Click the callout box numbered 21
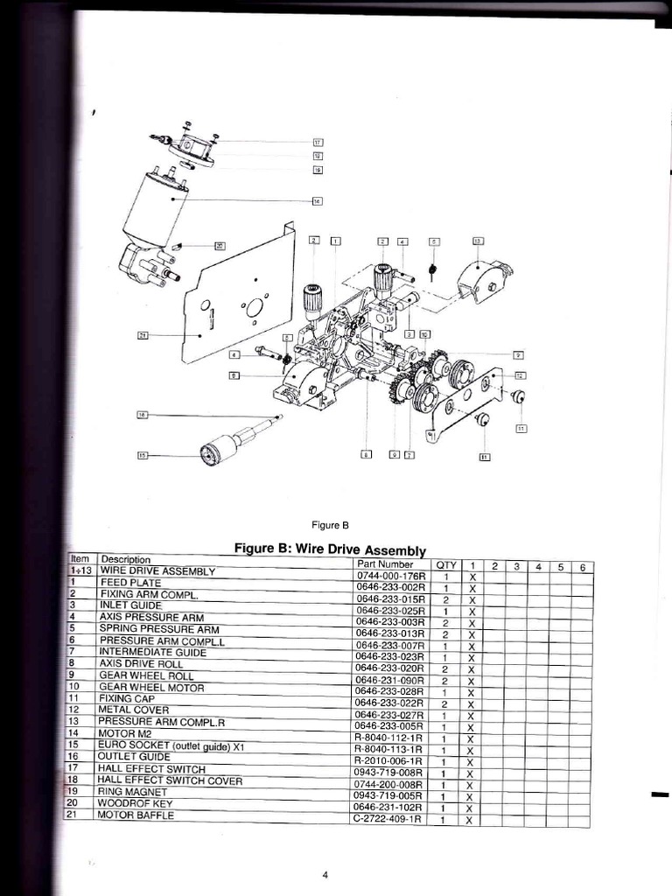pyautogui.click(x=143, y=334)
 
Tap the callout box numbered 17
pyautogui.click(x=318, y=142)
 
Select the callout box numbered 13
pyautogui.click(x=478, y=241)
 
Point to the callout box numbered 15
pyautogui.click(x=143, y=454)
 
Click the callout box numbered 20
pyautogui.click(x=220, y=246)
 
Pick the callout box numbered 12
pyautogui.click(x=521, y=374)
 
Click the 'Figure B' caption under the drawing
pyautogui.click(x=331, y=525)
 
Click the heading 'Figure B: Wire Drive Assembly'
pyautogui.click(x=330, y=549)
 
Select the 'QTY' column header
pyautogui.click(x=446, y=565)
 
